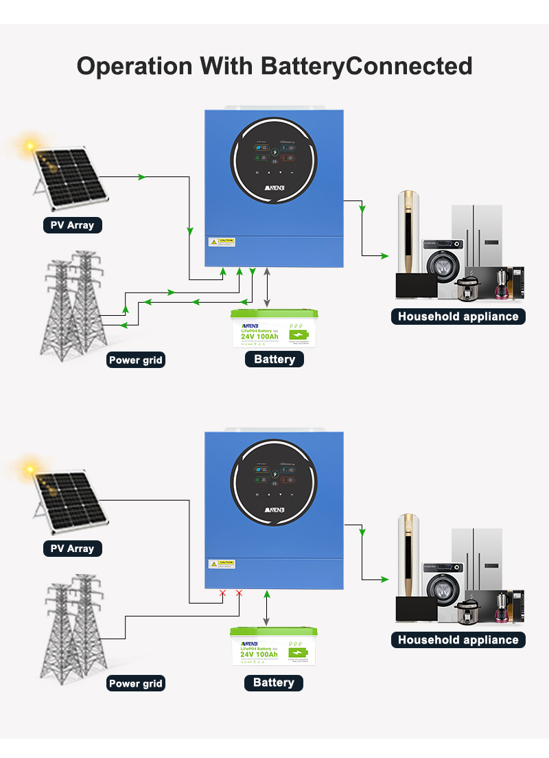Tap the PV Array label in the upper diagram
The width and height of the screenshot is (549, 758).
coord(72,225)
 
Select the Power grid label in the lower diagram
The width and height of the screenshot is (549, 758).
coord(136,683)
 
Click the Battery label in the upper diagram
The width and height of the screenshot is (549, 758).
coord(274,359)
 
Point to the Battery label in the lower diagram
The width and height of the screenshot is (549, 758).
coord(273,682)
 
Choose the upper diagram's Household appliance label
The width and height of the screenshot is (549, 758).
coord(458,317)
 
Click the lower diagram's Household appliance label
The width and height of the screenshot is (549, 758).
coord(458,640)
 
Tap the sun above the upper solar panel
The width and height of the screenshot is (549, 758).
coord(30,146)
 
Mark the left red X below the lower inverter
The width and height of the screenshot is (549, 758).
coord(222,593)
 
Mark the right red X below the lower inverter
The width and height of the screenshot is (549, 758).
coord(239,593)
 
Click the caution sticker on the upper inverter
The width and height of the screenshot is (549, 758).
coord(222,242)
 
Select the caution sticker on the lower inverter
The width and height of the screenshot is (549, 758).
coord(222,564)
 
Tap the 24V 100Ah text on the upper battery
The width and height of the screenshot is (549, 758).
coord(259,336)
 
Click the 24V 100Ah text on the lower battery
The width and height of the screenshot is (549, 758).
coord(259,655)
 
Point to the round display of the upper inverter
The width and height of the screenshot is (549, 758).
coord(275,161)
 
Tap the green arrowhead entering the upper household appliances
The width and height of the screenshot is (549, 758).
coord(385,256)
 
